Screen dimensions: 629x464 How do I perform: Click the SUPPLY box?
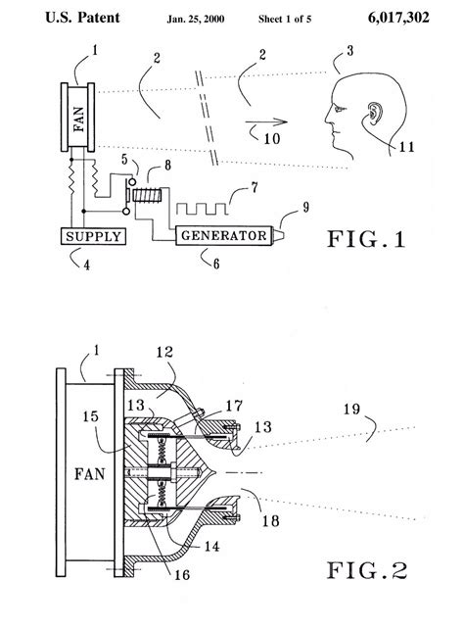92,235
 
